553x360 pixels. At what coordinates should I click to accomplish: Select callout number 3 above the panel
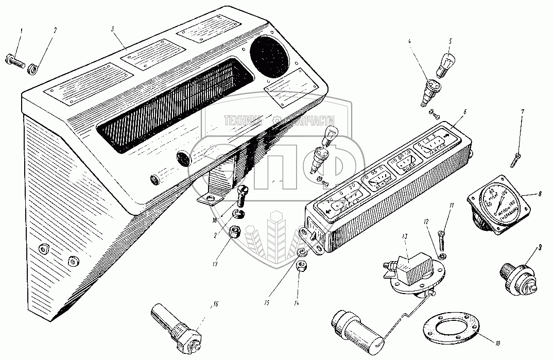point(112,28)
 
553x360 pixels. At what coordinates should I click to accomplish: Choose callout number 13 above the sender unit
point(405,236)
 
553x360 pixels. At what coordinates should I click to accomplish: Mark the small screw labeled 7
point(517,158)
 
